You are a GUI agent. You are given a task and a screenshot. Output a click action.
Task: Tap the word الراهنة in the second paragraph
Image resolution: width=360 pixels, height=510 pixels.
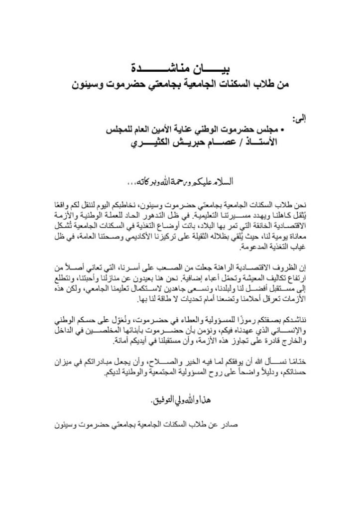(235, 265)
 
